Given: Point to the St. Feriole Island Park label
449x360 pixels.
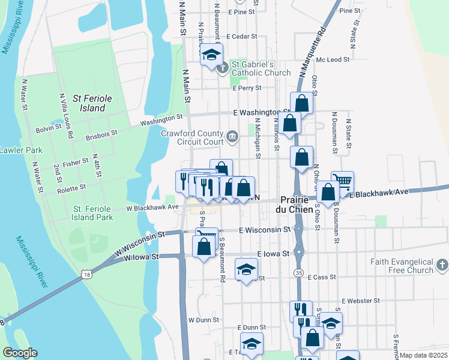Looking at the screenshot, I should pyautogui.click(x=93, y=213).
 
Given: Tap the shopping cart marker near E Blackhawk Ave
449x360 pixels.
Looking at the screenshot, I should pyautogui.click(x=342, y=181).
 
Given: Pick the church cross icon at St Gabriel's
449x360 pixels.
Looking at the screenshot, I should pyautogui.click(x=223, y=67).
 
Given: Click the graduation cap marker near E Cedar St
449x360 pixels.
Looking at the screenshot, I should pyautogui.click(x=211, y=55).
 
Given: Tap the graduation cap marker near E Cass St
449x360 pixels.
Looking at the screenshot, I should pyautogui.click(x=246, y=270).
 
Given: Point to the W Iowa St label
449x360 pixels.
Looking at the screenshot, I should pyautogui.click(x=141, y=257).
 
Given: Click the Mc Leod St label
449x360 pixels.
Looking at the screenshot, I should pyautogui.click(x=333, y=59).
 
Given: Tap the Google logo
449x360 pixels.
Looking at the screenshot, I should pyautogui.click(x=20, y=353).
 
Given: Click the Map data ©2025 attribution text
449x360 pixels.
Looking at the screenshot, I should pyautogui.click(x=423, y=355).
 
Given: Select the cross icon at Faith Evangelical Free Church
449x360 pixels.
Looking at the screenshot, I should pyautogui.click(x=441, y=265).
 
